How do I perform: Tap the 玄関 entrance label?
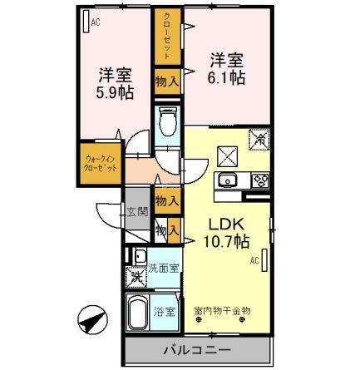click(137, 211)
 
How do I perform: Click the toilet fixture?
click(168, 121)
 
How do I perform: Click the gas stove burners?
click(259, 180)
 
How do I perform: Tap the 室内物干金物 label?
click(222, 311)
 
